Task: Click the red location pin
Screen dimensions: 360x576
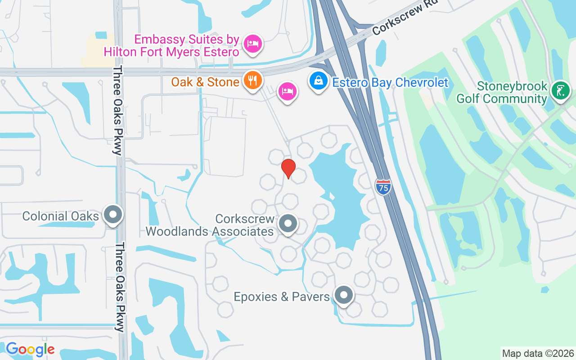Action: point(288,168)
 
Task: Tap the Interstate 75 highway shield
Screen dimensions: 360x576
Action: point(383,186)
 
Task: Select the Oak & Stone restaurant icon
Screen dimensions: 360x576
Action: point(253,81)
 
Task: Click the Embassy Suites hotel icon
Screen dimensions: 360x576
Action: point(253,44)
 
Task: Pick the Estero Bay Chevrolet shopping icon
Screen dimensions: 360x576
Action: point(318,81)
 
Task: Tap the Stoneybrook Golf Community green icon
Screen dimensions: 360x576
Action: point(560,91)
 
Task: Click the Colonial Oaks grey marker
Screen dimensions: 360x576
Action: point(113,215)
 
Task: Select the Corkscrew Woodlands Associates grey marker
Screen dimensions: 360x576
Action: point(288,224)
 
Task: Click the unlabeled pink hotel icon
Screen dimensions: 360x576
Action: point(287,91)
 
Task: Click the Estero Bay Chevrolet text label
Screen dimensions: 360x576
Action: point(390,83)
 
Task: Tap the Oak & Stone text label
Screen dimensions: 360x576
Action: point(205,82)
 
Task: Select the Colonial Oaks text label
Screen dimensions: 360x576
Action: point(61,216)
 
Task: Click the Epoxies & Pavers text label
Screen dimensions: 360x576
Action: point(282,297)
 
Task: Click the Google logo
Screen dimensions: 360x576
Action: point(30,349)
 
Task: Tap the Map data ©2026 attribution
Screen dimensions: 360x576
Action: point(538,353)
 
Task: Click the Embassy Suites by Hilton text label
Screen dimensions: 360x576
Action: point(171,45)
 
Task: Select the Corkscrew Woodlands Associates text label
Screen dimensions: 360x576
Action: point(210,225)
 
